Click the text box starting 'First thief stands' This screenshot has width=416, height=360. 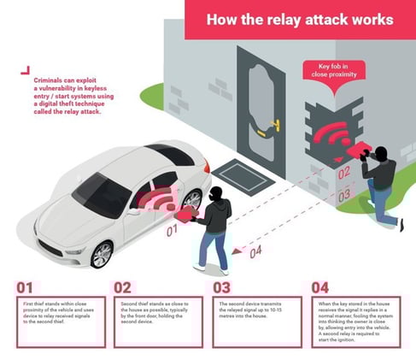56,321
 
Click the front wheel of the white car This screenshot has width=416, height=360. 101,252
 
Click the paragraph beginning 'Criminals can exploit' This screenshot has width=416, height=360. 67,94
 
